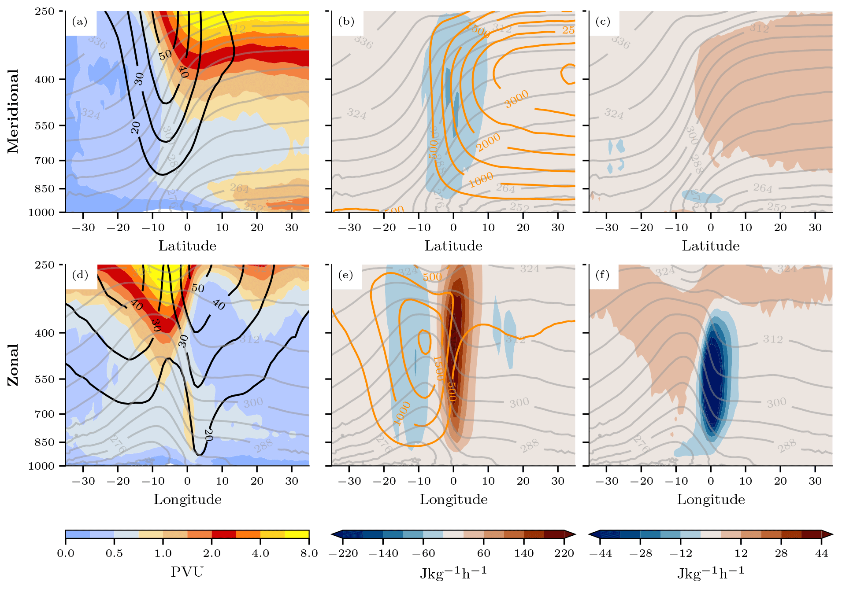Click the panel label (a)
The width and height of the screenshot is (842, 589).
[x=80, y=22]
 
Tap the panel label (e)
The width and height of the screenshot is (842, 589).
[x=346, y=275]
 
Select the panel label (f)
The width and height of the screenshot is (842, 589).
[x=603, y=275]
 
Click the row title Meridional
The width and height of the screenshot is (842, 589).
[x=13, y=111]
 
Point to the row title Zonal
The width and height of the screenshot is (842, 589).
[x=13, y=365]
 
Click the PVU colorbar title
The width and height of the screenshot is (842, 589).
[x=187, y=572]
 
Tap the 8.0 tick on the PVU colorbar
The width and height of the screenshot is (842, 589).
[x=309, y=553]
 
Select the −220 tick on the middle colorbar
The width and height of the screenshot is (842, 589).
[x=343, y=553]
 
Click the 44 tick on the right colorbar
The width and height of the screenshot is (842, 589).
[x=821, y=553]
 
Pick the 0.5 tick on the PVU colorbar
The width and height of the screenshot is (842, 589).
[x=114, y=553]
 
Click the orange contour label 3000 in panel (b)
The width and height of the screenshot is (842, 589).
[x=516, y=99]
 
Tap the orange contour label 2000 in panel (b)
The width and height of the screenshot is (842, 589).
[x=489, y=142]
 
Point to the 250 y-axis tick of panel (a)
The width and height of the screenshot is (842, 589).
[x=45, y=11]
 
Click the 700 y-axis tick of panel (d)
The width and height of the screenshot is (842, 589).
[x=45, y=414]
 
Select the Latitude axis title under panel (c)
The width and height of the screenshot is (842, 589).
[x=711, y=246]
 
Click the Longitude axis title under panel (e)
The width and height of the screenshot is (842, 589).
[x=453, y=499]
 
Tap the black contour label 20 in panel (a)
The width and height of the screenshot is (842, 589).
[x=136, y=128]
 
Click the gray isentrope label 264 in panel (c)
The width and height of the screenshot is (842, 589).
[x=763, y=188]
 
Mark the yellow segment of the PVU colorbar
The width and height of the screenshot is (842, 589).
[x=297, y=534]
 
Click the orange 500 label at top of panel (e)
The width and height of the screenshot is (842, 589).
[x=432, y=277]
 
